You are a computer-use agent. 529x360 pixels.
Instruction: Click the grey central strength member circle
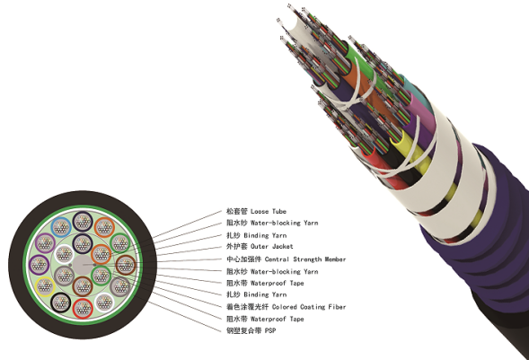(83, 265)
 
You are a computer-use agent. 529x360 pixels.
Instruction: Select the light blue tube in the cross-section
(61, 227)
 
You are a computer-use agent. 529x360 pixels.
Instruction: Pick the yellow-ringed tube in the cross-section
(45, 286)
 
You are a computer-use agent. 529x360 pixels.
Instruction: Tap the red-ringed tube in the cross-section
(83, 308)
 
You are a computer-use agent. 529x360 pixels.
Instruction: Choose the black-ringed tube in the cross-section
(61, 303)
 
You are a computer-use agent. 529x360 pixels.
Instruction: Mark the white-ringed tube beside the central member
(64, 254)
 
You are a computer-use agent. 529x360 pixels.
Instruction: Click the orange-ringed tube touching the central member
(101, 254)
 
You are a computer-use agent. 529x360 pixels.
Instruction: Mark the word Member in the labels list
(335, 259)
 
